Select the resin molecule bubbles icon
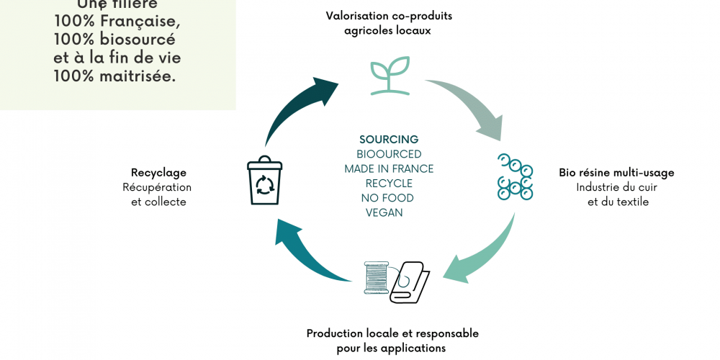point(515,177)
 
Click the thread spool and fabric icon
point(397,282)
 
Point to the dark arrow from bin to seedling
point(295,108)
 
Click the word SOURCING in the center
point(389,140)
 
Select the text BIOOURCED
point(389,154)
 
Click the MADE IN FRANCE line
point(389,168)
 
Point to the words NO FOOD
point(389,198)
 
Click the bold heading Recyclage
point(158,173)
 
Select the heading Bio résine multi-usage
point(616,173)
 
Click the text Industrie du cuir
point(616,187)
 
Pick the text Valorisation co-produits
point(389,15)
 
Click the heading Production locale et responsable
point(392,333)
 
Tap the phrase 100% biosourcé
point(114,40)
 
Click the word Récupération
point(157,187)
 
